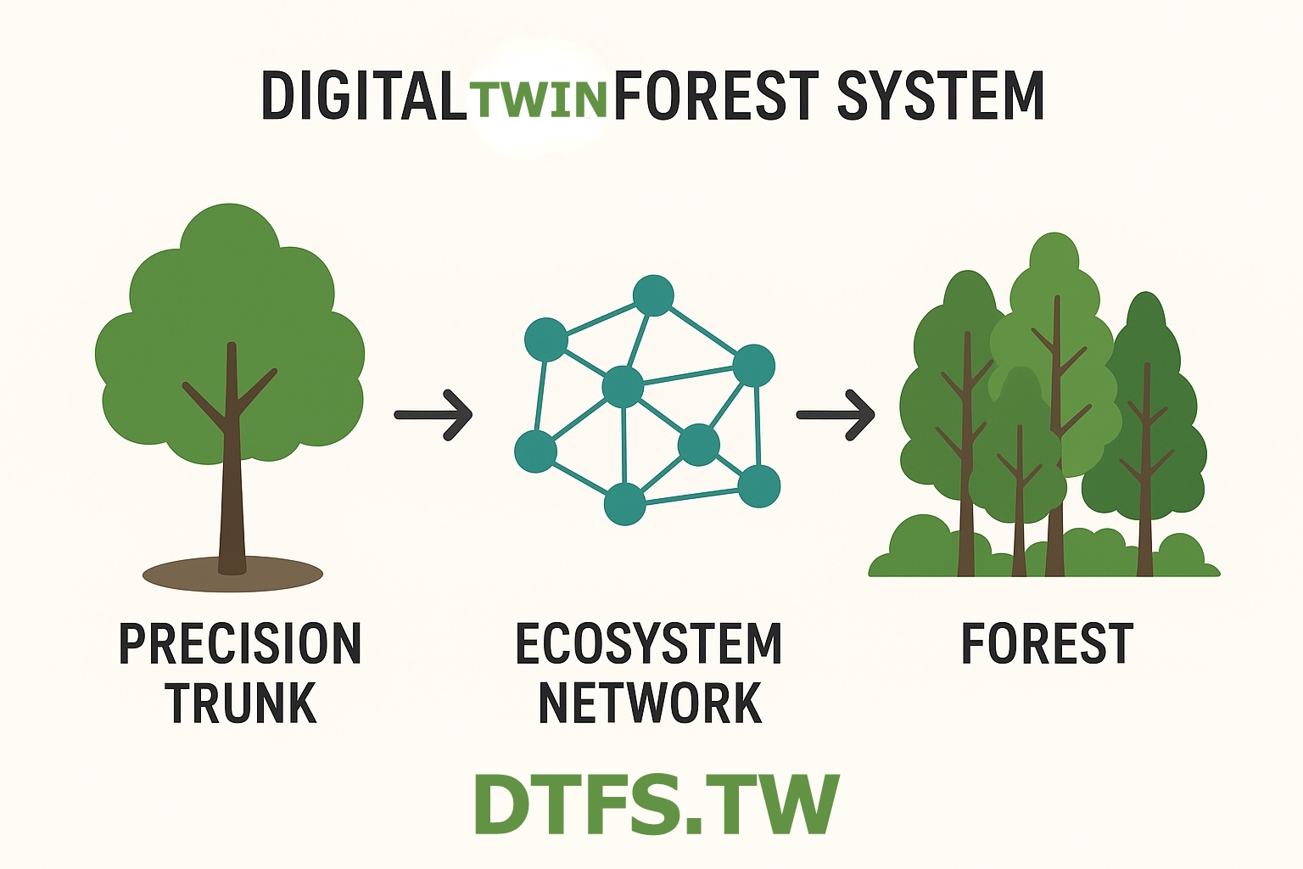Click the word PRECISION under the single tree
[240, 644]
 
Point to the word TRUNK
[242, 704]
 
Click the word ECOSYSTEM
[649, 644]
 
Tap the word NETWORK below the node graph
[651, 704]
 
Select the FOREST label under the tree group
[1047, 644]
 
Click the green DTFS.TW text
[656, 804]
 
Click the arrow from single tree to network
[433, 415]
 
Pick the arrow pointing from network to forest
[836, 415]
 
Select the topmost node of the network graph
[653, 296]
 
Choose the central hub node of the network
[624, 387]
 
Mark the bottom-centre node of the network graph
[625, 504]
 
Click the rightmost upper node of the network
[753, 366]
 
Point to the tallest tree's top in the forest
[1054, 255]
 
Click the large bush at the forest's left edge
[920, 543]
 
